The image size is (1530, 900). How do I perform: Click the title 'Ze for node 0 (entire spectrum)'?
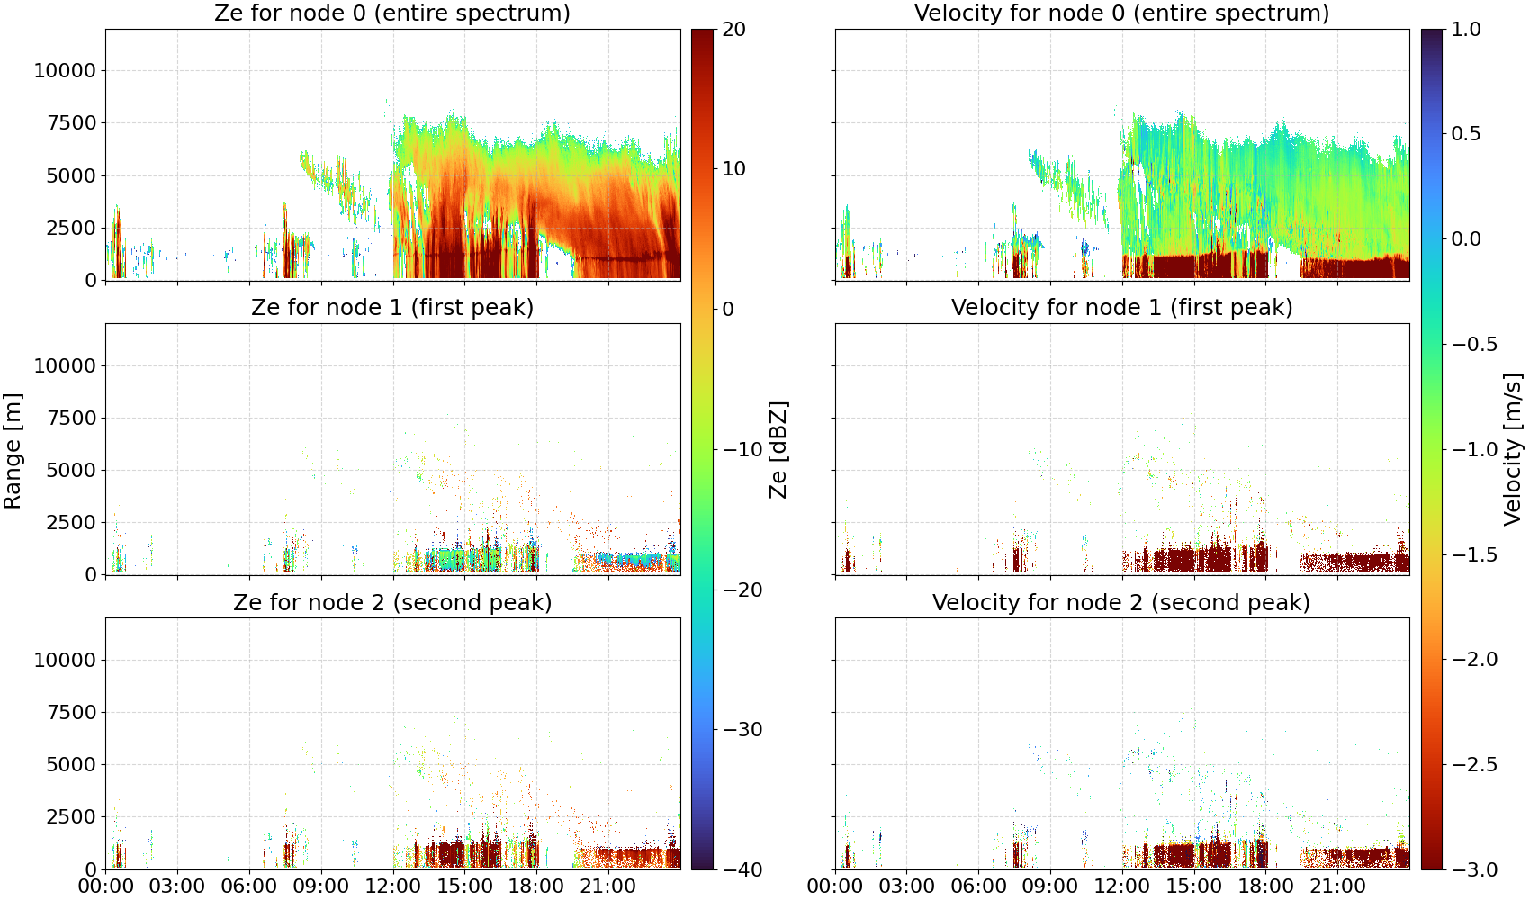point(392,13)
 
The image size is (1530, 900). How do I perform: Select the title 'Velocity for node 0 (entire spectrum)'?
point(1121,13)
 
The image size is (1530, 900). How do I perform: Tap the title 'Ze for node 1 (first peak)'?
point(392,307)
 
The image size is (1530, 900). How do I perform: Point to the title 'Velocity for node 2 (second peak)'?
point(1121,602)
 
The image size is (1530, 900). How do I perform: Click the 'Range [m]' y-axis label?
point(13,451)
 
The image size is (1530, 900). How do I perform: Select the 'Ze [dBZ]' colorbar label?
point(778,450)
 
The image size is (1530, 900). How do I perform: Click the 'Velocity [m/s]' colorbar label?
point(1513,450)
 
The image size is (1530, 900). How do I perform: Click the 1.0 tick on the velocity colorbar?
point(1466,30)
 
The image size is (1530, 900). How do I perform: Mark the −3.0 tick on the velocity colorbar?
point(1474,870)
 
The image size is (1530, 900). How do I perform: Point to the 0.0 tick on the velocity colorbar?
point(1466,239)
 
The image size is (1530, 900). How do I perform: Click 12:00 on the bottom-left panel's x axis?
point(392,886)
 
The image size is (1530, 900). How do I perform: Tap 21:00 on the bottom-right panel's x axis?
point(1337,886)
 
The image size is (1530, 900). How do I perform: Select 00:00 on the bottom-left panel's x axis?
point(105,886)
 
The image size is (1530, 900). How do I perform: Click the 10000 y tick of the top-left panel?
point(65,70)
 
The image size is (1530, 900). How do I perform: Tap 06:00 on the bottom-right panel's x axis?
point(978,886)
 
